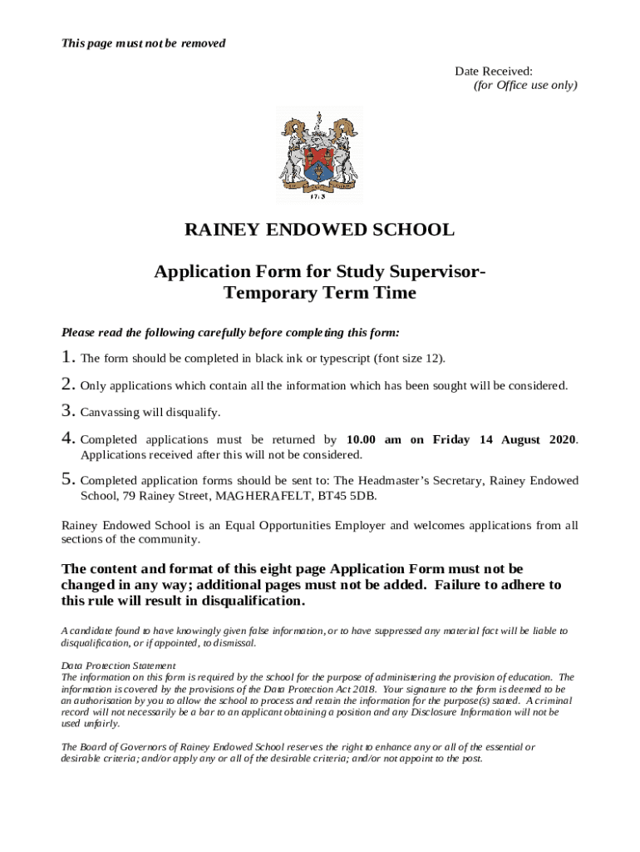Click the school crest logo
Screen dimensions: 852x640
click(319, 155)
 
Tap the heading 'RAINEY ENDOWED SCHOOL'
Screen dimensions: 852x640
click(319, 230)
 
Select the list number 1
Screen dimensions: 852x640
click(68, 358)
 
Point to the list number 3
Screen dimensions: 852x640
click(68, 412)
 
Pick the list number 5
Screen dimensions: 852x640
click(68, 480)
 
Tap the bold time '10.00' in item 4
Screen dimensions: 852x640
click(362, 439)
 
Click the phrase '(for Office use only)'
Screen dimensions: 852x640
click(525, 86)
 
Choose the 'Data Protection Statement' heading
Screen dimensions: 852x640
click(118, 666)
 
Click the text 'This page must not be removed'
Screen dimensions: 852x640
click(144, 42)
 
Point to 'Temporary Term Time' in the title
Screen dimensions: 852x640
click(320, 293)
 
